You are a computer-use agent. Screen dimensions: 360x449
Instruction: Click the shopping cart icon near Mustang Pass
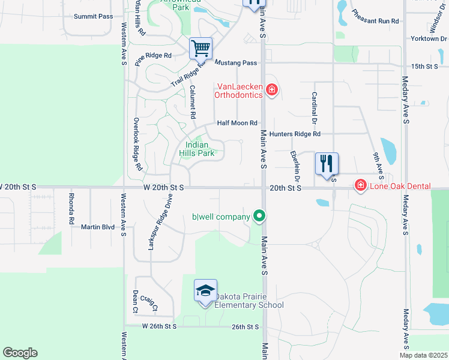coord(201,47)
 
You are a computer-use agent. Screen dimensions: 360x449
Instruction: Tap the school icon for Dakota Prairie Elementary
coord(205,292)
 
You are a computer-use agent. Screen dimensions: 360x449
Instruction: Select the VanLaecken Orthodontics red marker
coord(272,90)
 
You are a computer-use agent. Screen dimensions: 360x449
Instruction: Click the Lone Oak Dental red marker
coord(360,185)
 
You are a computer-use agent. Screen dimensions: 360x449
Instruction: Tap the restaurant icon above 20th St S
coord(327,164)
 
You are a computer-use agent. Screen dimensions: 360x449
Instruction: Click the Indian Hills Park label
coord(197,149)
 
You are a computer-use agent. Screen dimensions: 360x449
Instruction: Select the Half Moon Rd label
coord(237,123)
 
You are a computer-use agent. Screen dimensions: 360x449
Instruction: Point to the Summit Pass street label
coord(93,16)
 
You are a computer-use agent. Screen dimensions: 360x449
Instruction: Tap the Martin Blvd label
coord(98,227)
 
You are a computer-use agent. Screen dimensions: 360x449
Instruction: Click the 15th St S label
coord(425,66)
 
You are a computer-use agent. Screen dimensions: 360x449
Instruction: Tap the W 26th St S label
coord(159,326)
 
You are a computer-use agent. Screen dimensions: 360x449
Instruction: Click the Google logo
coord(20,353)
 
